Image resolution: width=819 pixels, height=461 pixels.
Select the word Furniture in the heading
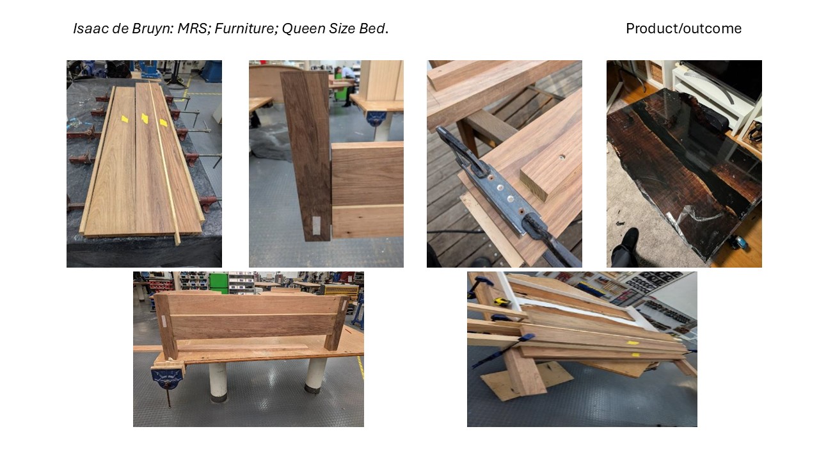[245, 29]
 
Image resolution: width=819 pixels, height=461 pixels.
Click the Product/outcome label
[683, 29]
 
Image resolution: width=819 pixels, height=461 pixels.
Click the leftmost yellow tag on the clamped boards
[125, 118]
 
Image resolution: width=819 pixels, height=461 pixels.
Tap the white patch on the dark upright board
[316, 225]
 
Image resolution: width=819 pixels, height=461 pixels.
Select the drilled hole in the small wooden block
[561, 158]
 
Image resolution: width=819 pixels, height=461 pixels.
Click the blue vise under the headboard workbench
[167, 378]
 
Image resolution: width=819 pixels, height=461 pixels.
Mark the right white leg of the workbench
[315, 376]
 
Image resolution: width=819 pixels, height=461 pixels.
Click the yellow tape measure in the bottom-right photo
[502, 302]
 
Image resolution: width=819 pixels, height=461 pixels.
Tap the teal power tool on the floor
[738, 241]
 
